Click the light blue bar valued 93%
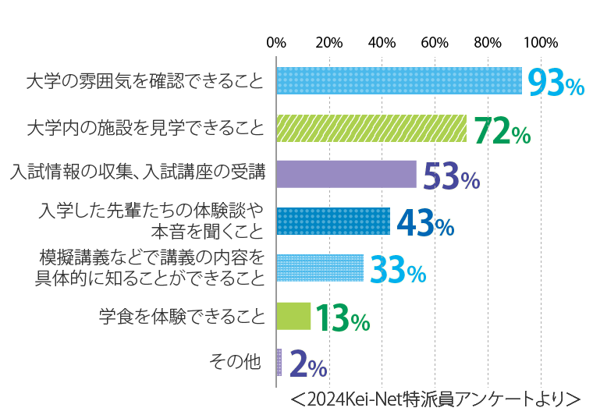(399, 81)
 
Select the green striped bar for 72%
(371, 128)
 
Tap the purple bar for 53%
(346, 174)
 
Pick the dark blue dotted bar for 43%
(333, 221)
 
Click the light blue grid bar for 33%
(320, 268)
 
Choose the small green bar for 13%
(293, 315)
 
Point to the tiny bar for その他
(279, 362)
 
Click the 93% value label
(556, 83)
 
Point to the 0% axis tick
(276, 42)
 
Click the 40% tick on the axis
(382, 42)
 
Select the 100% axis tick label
(541, 42)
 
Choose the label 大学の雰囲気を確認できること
(145, 81)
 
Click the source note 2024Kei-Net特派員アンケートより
(435, 399)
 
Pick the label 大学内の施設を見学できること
(145, 127)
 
